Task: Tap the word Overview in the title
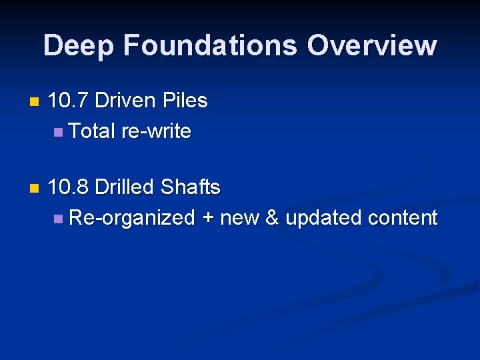pyautogui.click(x=371, y=46)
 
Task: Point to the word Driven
pyautogui.click(x=126, y=101)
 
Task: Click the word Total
pyautogui.click(x=92, y=131)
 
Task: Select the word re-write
pyautogui.click(x=156, y=131)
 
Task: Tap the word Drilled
pyautogui.click(x=125, y=188)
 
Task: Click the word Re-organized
pyautogui.click(x=131, y=218)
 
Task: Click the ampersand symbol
pyautogui.click(x=272, y=218)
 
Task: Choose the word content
pyautogui.click(x=402, y=218)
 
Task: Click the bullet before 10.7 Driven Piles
pyautogui.click(x=35, y=103)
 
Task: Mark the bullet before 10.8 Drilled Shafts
pyautogui.click(x=35, y=189)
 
